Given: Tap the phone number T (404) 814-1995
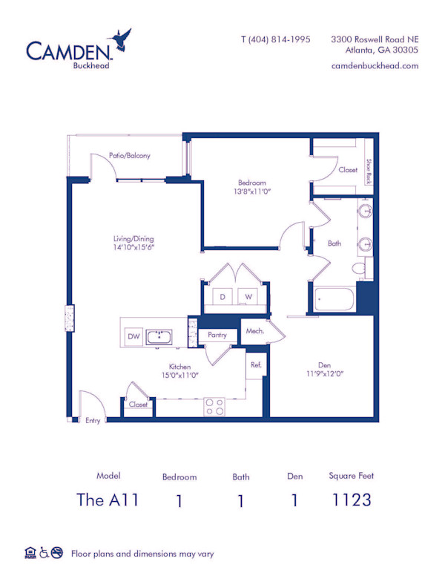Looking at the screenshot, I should [x=276, y=39].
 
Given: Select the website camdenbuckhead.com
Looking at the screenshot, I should [x=375, y=65].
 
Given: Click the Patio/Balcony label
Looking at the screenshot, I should [x=130, y=156].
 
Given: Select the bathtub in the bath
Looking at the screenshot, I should [x=334, y=299].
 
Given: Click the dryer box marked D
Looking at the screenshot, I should [x=222, y=297].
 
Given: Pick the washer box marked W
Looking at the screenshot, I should [x=249, y=297].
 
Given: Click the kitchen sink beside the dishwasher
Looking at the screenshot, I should [x=159, y=338].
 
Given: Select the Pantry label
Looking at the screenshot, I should [x=217, y=336].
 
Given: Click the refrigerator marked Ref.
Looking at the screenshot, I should [x=255, y=364].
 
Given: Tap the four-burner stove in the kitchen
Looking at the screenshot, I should [x=214, y=407].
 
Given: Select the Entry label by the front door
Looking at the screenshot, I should [x=93, y=420].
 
